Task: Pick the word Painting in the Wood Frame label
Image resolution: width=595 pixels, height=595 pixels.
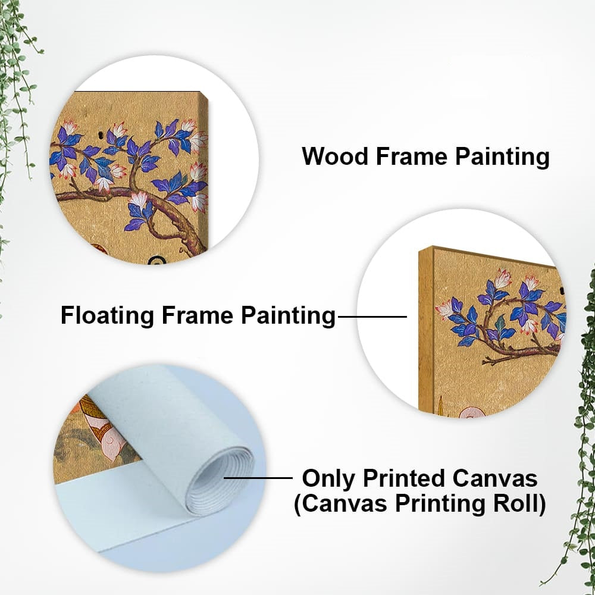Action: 502,156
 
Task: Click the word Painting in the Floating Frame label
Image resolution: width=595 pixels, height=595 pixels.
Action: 289,316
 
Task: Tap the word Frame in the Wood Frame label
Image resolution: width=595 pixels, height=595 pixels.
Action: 412,156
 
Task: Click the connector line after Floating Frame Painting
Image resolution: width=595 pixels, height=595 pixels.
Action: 372,317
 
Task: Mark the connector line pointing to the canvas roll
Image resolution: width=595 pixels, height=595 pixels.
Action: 258,478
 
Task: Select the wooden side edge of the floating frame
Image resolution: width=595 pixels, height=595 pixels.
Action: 426,330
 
